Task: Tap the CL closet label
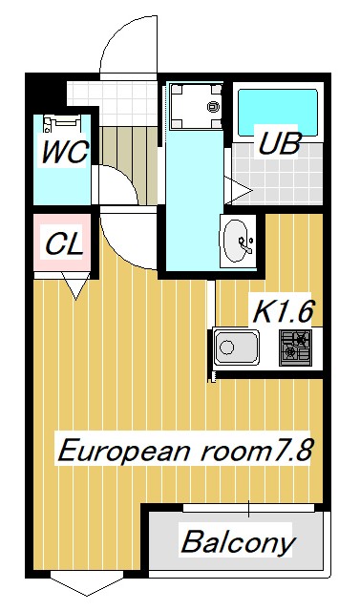[x=64, y=243]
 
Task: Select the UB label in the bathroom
[x=280, y=145]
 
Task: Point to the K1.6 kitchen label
[x=284, y=311]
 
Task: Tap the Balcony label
[x=238, y=544]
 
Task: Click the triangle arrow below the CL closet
[x=74, y=284]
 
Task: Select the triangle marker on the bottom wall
[x=74, y=583]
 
